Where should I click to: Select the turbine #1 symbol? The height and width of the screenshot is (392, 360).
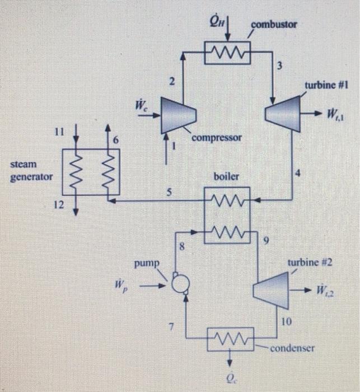click(x=284, y=114)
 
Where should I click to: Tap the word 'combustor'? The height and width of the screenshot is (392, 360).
click(x=274, y=25)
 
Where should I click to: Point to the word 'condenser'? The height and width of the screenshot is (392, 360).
click(x=292, y=348)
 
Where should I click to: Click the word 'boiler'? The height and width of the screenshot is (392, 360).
click(x=226, y=176)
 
